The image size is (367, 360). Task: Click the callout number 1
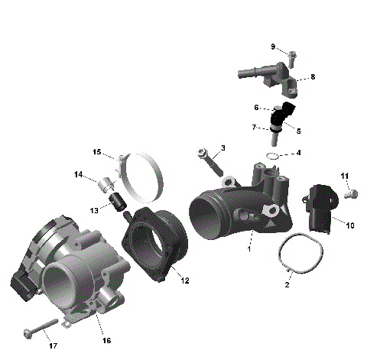coord(248,248)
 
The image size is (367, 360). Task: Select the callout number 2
coord(287,284)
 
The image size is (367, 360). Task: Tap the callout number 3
coord(222,148)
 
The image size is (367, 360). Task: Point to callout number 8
coord(312,78)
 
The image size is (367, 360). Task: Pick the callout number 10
coord(350,225)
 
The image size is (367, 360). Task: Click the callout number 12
coord(185,281)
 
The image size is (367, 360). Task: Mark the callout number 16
coord(106,340)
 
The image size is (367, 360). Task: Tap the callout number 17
coord(53,346)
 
